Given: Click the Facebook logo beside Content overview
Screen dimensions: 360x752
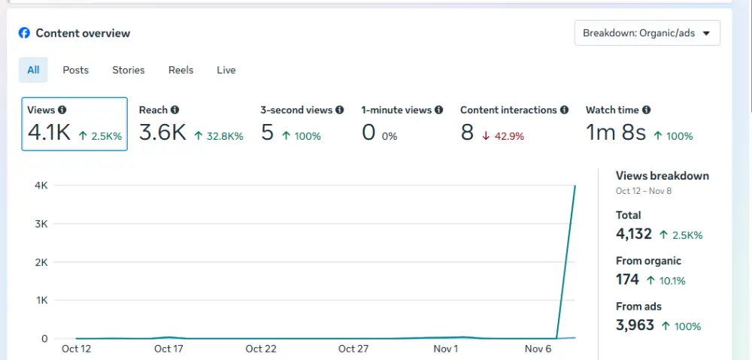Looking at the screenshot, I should [25, 33].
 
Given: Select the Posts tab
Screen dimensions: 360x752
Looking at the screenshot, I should [75, 70].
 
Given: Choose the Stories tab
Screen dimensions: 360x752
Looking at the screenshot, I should [129, 70].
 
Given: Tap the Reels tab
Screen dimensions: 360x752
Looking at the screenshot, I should [180, 70].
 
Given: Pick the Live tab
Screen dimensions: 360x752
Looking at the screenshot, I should [226, 70].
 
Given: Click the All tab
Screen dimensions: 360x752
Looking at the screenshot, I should [33, 70].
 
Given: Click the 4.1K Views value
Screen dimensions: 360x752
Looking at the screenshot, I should [49, 133].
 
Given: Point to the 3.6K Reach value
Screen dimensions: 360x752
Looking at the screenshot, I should [162, 133].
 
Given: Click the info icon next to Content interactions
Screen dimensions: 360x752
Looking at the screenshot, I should [565, 110].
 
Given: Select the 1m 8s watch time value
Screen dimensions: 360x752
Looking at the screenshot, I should [616, 133].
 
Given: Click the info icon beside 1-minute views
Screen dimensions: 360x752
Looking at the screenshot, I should [439, 110].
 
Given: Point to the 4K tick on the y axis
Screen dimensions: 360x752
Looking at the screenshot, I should [41, 186].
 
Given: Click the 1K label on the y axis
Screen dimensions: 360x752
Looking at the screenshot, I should [41, 300].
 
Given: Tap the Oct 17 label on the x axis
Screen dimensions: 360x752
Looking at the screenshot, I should [168, 349].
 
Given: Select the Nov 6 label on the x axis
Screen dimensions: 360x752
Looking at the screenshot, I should [538, 349].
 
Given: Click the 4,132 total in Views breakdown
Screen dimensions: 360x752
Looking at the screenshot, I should [634, 234].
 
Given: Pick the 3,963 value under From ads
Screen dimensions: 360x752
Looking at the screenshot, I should [634, 325].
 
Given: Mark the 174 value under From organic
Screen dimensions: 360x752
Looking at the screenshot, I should [627, 280].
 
